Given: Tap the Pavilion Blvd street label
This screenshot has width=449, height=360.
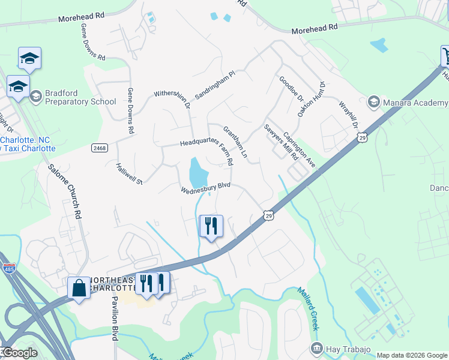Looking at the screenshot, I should pos(114,319).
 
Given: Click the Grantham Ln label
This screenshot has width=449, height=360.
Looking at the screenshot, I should pos(235,142).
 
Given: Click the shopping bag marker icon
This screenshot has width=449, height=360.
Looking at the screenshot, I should pos(79,288).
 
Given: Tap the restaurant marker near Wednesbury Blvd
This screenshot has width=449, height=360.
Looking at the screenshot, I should pos(211,226).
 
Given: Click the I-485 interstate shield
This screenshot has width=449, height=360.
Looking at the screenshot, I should pos(9,268).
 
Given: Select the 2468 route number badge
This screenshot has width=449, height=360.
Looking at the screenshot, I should pos(101,148).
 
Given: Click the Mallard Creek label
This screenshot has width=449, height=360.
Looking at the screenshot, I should pos(307,308).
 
